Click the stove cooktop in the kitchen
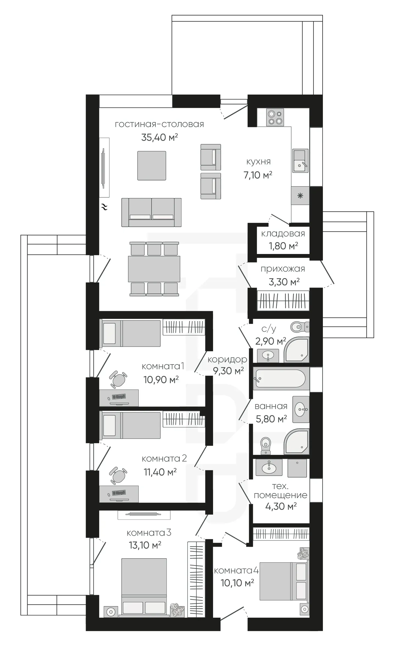pos(275,117)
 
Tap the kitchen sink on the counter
pos(300,161)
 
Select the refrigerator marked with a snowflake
pos(300,196)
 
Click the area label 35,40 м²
pos(160,137)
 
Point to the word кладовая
pos(283,234)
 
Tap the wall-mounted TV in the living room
pos(104,168)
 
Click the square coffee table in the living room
pos(152,166)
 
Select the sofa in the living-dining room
pos(152,212)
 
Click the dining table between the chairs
pos(154,269)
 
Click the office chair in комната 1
pos(118,380)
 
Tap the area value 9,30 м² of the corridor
pos(228,371)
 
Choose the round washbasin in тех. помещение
pos(269,467)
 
